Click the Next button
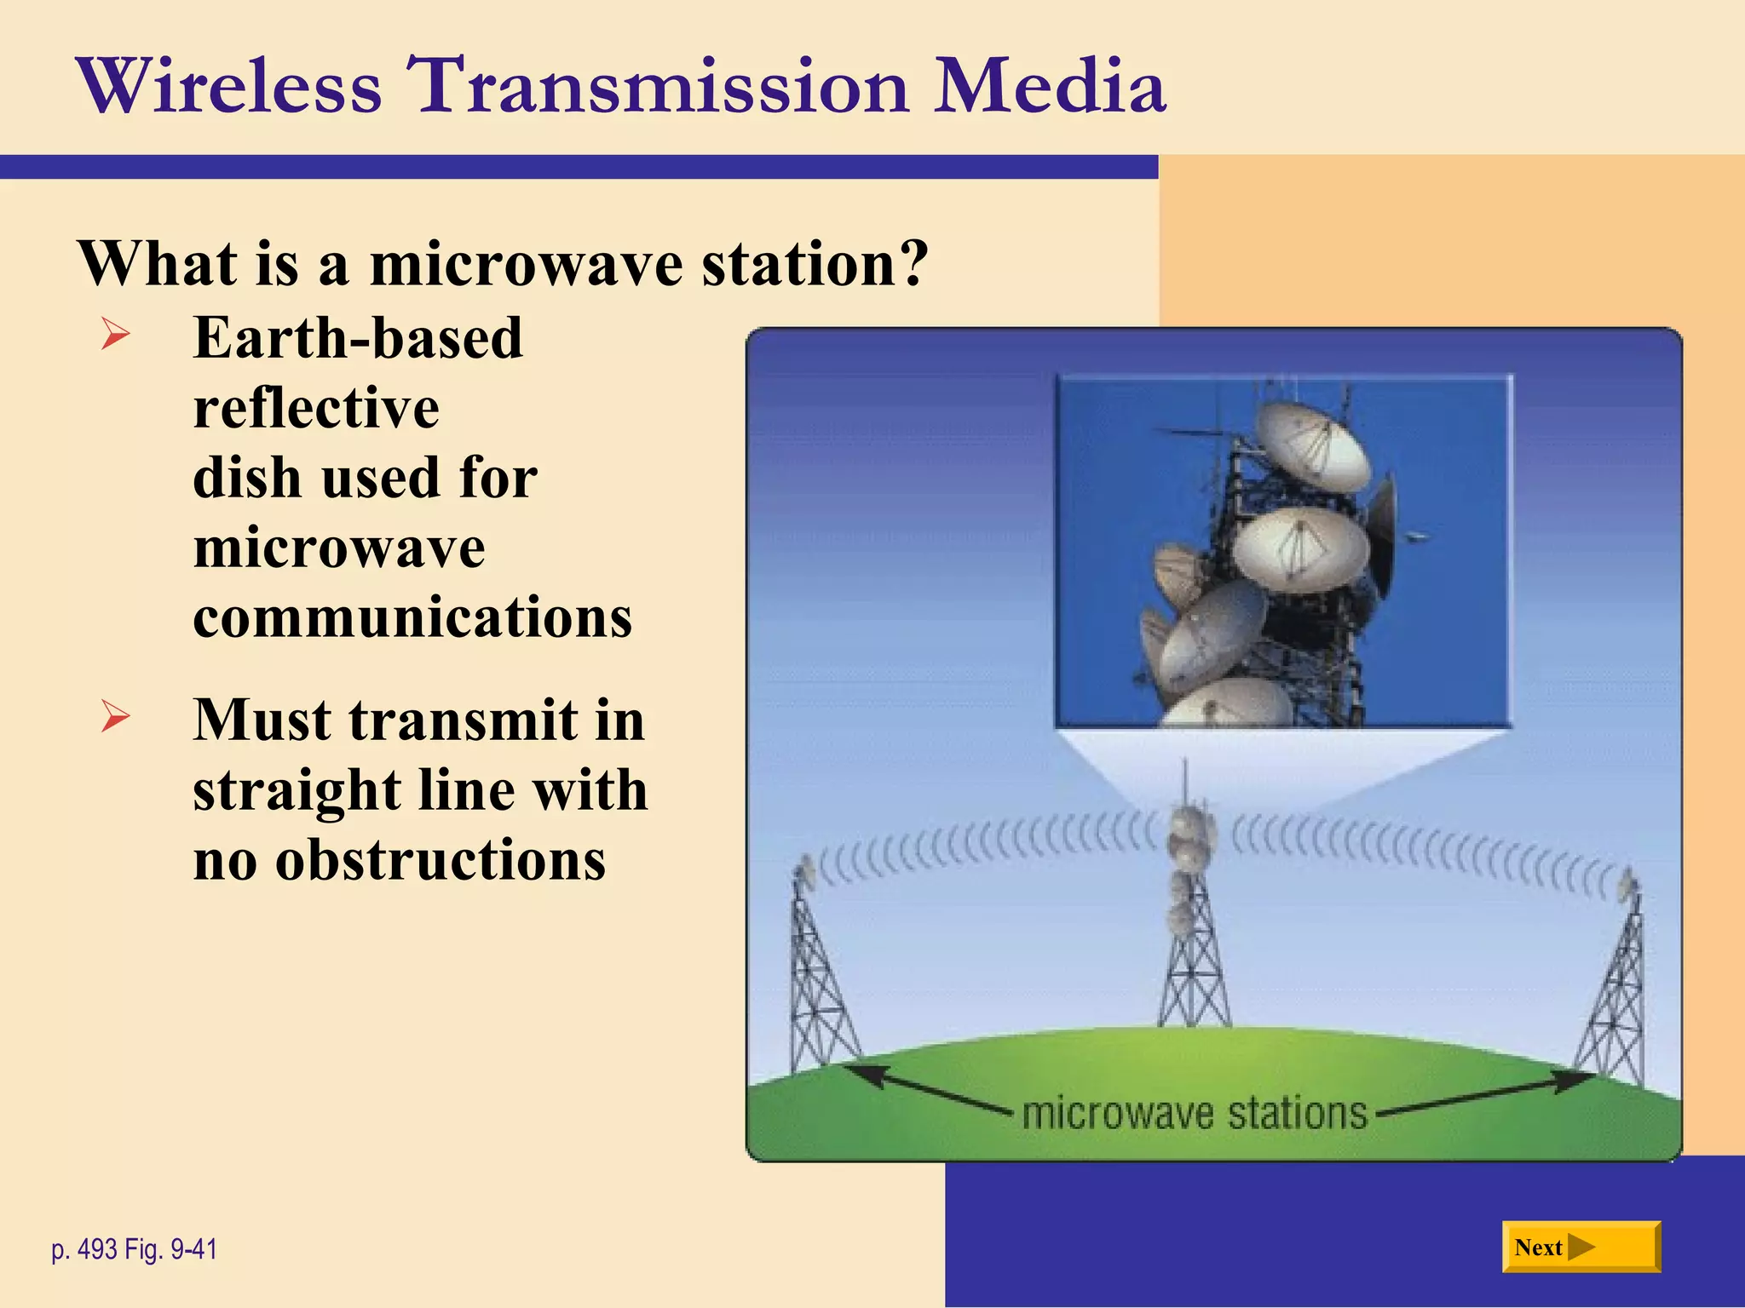point(1581,1247)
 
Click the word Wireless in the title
point(229,86)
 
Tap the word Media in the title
point(1049,86)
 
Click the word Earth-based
point(358,339)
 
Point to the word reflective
point(316,408)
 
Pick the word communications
point(412,617)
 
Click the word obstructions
point(440,860)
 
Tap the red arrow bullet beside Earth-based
point(115,333)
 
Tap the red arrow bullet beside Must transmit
point(115,715)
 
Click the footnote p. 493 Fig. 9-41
point(135,1249)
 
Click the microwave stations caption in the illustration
point(1194,1114)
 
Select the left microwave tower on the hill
point(818,979)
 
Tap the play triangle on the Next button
point(1581,1247)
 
